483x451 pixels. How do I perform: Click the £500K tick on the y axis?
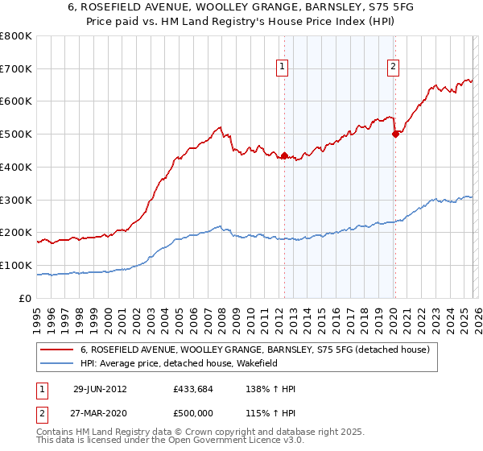(16, 134)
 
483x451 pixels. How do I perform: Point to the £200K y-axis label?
(16, 233)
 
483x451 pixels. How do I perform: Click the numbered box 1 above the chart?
(283, 68)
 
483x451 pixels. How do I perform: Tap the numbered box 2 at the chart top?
(393, 68)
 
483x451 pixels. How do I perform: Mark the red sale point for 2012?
(284, 156)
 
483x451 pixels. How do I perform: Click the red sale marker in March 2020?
(395, 134)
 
